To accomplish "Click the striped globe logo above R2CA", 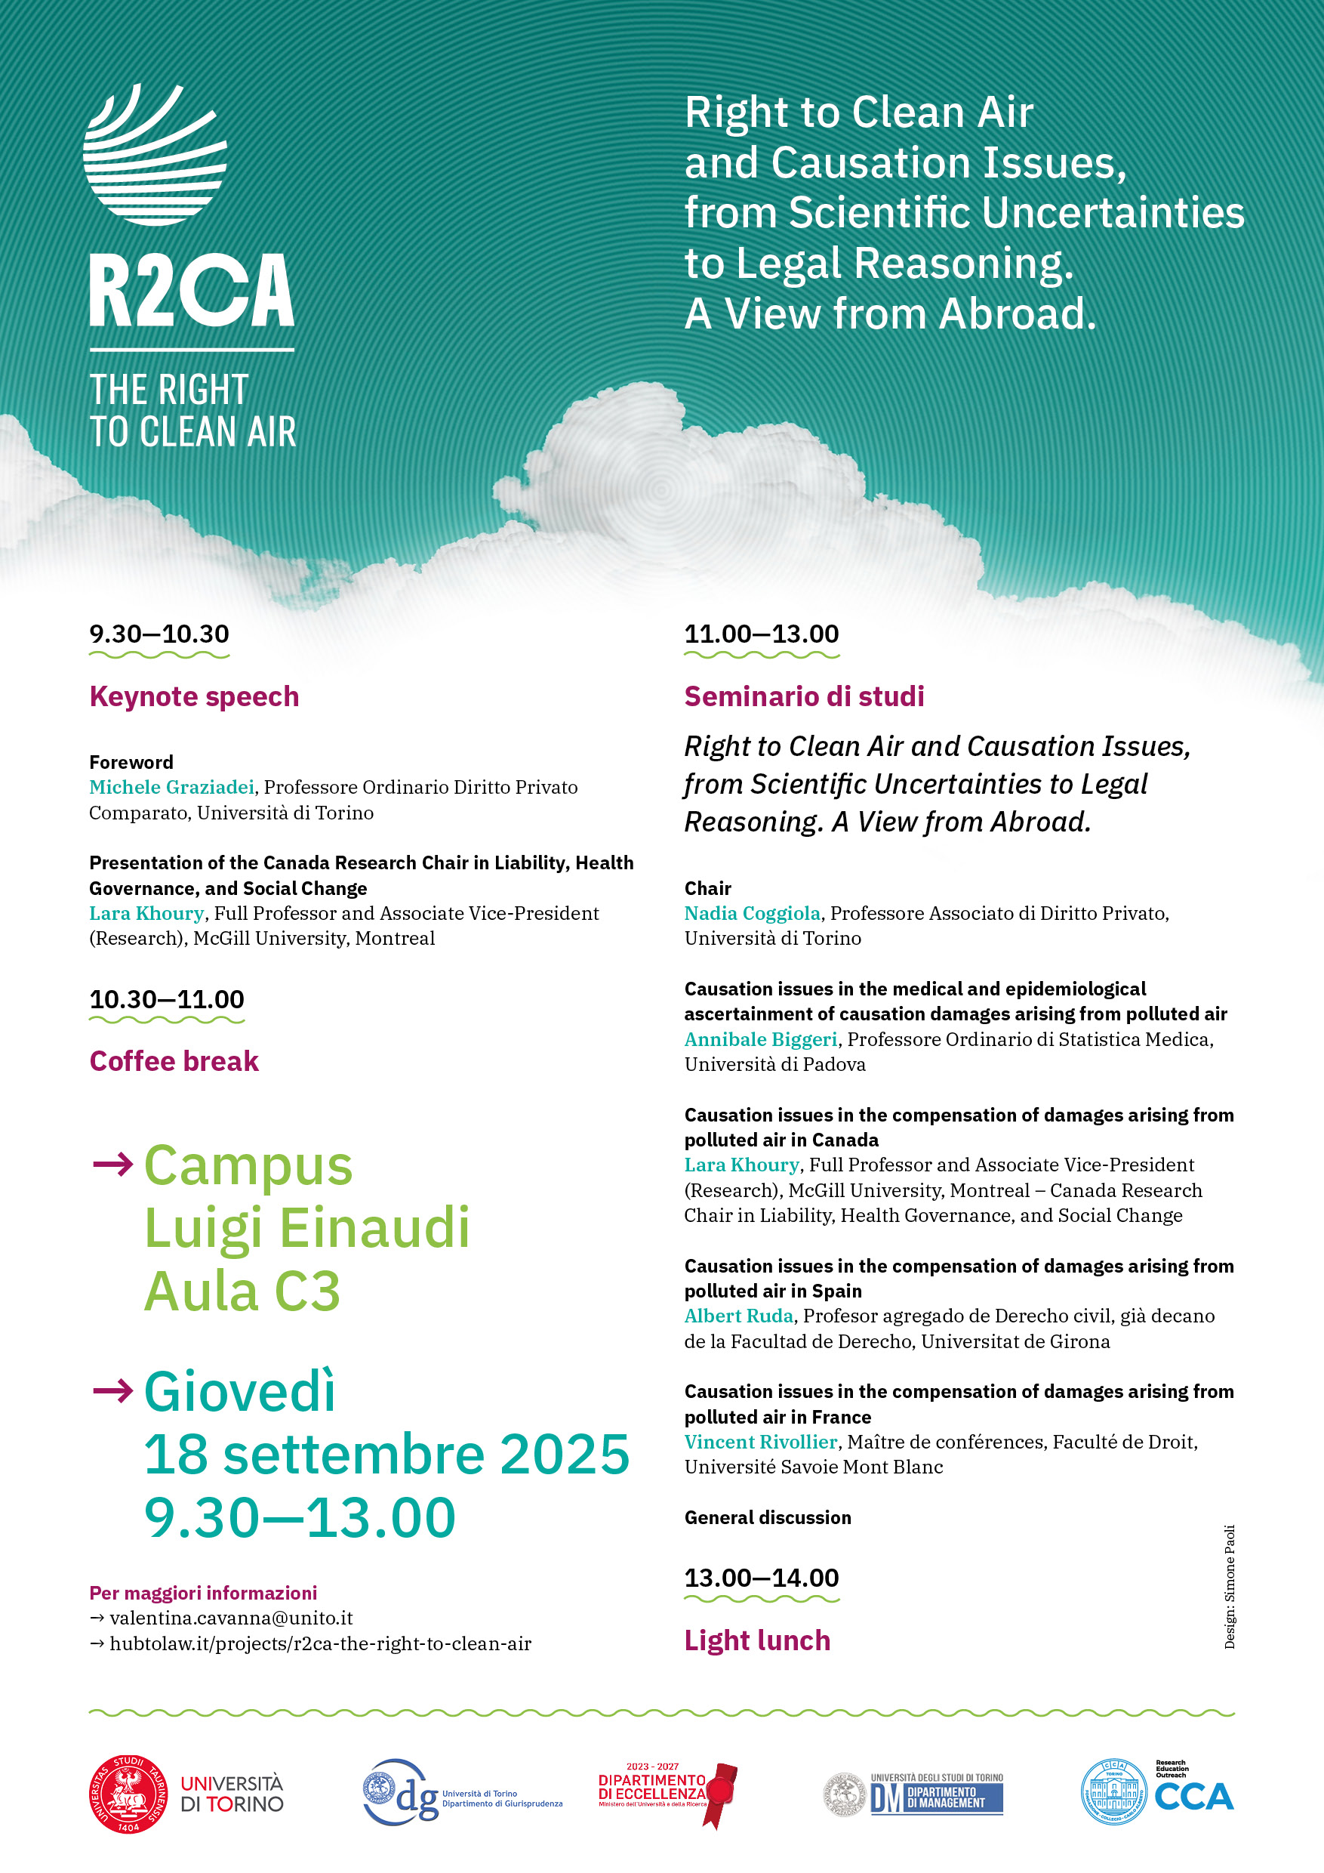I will [x=155, y=155].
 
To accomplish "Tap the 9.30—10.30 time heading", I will [x=159, y=634].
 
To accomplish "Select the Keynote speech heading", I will [x=194, y=696].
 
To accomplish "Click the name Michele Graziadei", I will [x=171, y=787].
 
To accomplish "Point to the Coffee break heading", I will [x=174, y=1061].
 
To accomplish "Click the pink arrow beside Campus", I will [x=112, y=1164].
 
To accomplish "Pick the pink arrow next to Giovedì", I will [x=112, y=1390].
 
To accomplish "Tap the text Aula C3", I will [x=242, y=1291].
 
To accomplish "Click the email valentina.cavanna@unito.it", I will [x=231, y=1618].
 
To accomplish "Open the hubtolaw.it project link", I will [x=320, y=1643].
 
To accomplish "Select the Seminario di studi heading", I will [x=804, y=696].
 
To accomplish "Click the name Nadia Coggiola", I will [x=752, y=914].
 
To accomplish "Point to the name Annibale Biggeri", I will [x=761, y=1039].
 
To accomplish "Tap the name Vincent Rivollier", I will [x=761, y=1442].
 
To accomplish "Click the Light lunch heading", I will [x=757, y=1640].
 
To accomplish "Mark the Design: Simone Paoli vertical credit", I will [x=1230, y=1587].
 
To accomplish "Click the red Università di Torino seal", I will [x=129, y=1794].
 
